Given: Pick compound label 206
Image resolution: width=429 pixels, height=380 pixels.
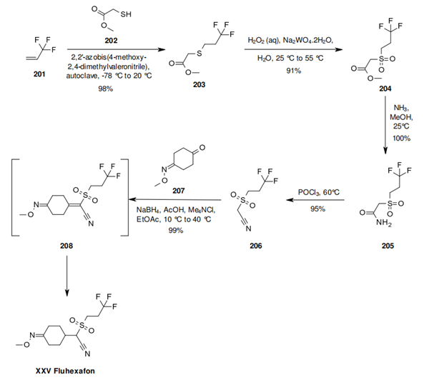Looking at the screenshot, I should pyautogui.click(x=256, y=244).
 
